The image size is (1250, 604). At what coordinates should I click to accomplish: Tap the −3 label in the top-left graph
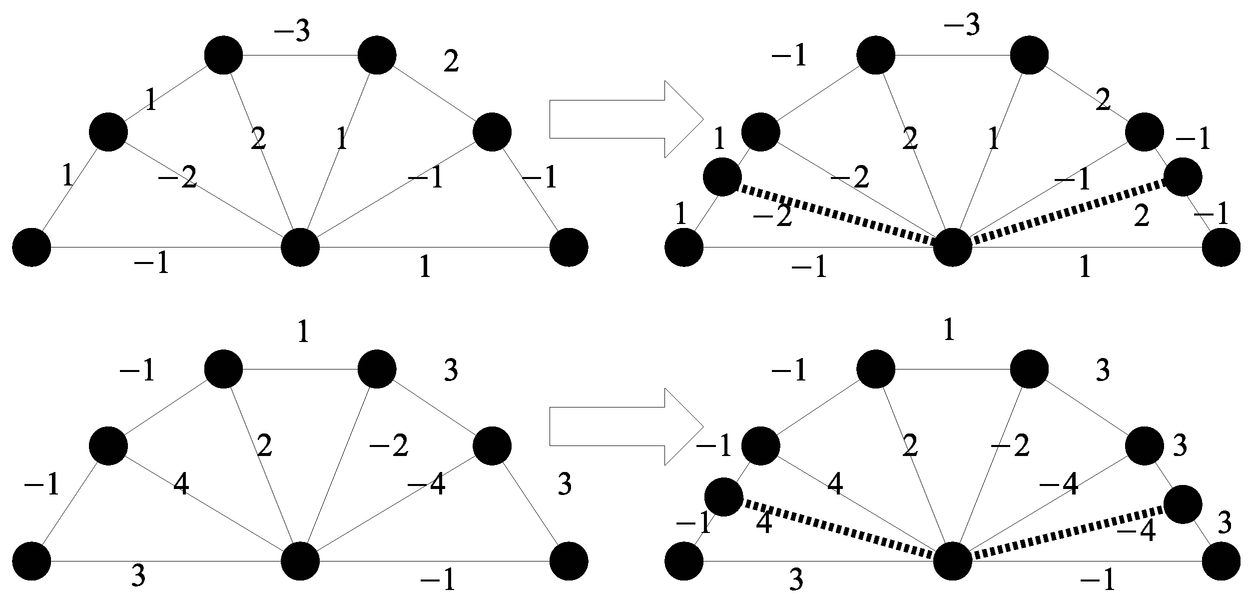point(292,31)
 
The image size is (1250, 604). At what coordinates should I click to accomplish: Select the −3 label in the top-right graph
point(961,25)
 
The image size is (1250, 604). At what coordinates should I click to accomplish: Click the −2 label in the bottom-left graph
point(389,445)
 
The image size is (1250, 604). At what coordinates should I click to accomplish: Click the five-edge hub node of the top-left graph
point(300,247)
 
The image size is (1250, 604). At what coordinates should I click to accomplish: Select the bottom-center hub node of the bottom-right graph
point(952,561)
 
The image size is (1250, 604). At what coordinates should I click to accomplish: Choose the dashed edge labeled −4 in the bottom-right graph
point(1069,533)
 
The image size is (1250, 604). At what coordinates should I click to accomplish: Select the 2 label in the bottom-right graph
point(910,445)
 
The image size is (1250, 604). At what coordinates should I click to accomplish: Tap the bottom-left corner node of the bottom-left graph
point(31,561)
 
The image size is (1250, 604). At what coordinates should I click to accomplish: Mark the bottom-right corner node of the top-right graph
point(1221,247)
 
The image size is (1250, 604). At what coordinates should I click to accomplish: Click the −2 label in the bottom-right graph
point(1010,445)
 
